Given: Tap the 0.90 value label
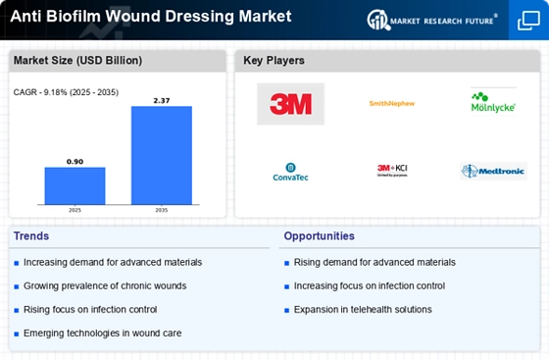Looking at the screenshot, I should pos(75,160).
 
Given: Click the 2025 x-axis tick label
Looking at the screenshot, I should pos(75,209).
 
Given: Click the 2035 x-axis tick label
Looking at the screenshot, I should pos(162,209).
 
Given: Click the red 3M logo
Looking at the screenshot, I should pos(290,104).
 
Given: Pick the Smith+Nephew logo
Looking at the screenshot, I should pos(392,103).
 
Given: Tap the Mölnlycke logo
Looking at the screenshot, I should pos(493,102).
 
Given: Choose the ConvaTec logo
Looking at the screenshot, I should pos(290,173).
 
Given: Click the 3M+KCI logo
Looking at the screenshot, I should pos(392,171).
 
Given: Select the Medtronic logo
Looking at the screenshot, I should pos(493,171).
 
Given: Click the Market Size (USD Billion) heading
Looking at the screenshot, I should pos(76,61).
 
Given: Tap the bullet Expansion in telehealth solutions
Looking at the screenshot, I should pos(362,309).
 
